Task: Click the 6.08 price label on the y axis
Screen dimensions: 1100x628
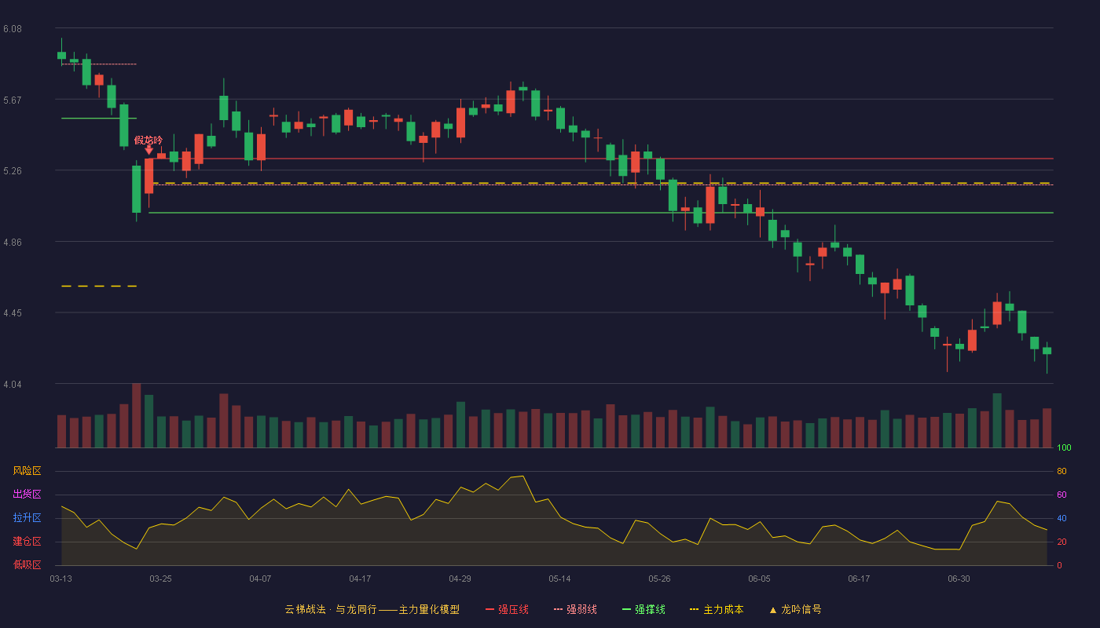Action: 13,29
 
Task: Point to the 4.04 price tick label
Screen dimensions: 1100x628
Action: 13,385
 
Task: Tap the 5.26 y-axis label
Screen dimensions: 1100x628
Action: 13,171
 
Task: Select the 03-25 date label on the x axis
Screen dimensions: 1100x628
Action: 160,579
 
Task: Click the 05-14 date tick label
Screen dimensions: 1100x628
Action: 559,579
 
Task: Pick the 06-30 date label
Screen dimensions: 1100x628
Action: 959,579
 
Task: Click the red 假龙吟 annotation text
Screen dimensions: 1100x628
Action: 148,141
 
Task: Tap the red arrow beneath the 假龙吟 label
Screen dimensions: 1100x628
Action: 148,150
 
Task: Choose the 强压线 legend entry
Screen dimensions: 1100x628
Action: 508,610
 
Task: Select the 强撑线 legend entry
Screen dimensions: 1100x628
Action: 643,610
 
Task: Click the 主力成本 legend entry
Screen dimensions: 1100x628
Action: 717,610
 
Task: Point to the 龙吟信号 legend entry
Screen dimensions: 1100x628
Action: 795,610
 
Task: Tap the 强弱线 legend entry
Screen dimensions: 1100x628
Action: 575,610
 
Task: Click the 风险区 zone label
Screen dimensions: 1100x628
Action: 27,471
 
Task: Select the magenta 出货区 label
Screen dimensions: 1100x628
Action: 27,494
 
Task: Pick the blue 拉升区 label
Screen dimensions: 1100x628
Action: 27,517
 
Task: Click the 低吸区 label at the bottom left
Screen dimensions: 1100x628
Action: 27,564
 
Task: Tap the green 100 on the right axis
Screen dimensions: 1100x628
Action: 1064,447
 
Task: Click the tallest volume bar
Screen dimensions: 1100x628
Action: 137,415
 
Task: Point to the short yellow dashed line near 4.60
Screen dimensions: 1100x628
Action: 99,286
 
